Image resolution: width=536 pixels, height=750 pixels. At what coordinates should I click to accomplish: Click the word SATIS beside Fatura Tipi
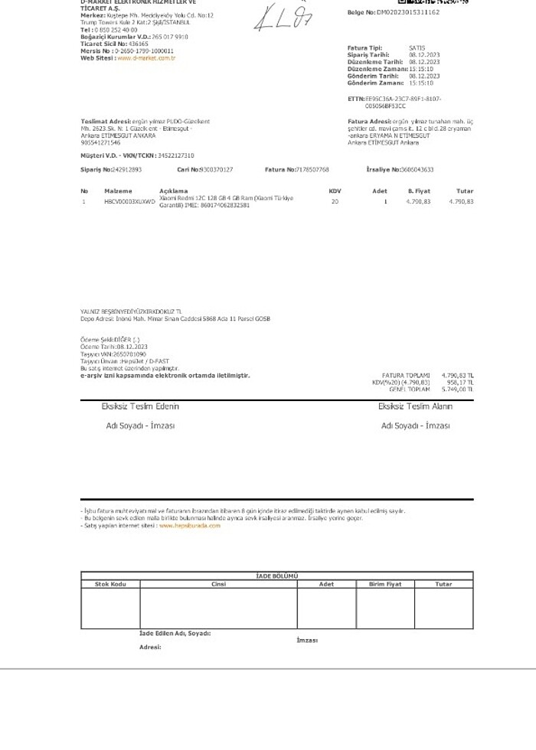[417, 47]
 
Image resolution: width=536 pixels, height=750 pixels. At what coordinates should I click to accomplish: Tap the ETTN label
[355, 99]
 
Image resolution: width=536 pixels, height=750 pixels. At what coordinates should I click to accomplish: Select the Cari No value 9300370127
[216, 169]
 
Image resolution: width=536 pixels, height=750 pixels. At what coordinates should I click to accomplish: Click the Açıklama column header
[173, 191]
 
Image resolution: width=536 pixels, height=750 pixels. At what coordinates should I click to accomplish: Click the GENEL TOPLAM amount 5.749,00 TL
[458, 390]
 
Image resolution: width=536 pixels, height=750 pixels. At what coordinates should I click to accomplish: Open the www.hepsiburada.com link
[189, 526]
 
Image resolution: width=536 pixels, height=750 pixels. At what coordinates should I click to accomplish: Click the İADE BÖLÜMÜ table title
[276, 576]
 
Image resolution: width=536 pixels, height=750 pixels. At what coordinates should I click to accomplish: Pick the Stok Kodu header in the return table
[110, 584]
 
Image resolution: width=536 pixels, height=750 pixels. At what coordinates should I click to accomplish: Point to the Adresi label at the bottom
[150, 647]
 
